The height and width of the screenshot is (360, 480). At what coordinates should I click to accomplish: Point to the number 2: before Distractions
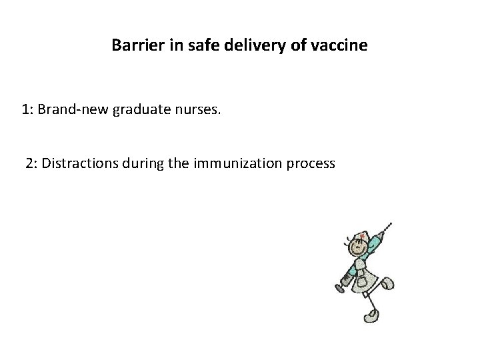(x=32, y=163)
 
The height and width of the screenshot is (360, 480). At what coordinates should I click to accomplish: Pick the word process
(x=311, y=163)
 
